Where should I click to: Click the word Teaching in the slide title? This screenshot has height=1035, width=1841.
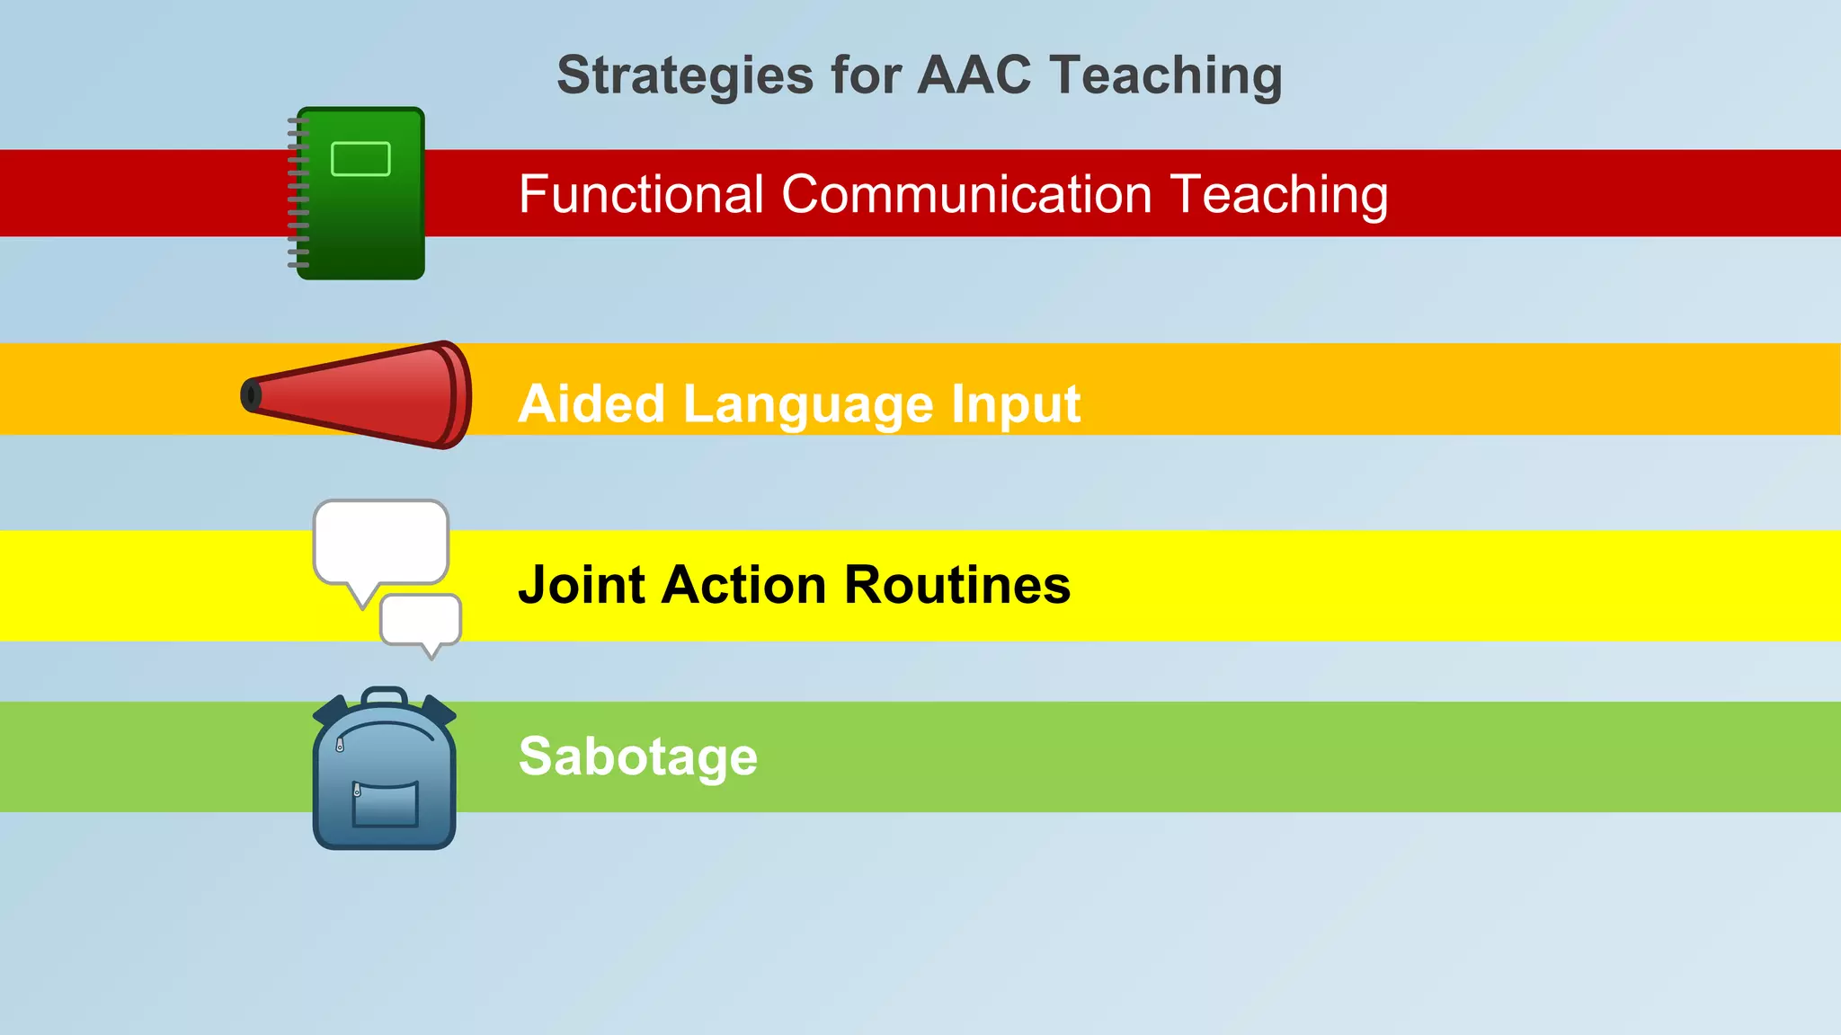click(1166, 75)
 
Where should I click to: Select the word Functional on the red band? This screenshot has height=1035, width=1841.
click(641, 194)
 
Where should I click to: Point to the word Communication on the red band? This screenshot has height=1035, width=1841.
click(966, 194)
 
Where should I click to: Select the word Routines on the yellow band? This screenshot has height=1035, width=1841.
click(957, 585)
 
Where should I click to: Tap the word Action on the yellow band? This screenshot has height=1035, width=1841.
click(743, 585)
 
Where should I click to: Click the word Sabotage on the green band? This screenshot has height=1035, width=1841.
click(638, 756)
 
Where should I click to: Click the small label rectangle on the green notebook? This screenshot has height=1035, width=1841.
click(360, 159)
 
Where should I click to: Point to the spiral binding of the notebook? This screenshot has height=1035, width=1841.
click(298, 193)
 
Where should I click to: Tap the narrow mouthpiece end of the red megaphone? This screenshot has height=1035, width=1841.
click(251, 395)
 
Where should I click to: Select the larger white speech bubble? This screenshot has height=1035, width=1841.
click(380, 542)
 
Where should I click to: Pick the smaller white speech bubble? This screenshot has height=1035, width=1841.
click(421, 619)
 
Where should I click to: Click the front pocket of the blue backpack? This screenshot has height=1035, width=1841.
click(386, 804)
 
